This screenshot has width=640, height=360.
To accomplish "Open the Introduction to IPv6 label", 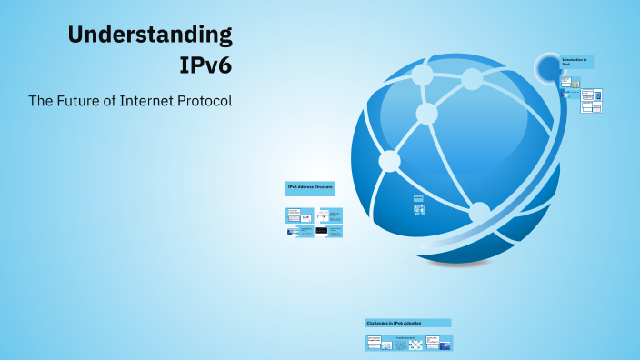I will pos(576,62).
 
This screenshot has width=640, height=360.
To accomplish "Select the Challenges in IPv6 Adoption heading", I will pos(407,323).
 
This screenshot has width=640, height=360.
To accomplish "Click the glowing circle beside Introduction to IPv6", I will pos(548,67).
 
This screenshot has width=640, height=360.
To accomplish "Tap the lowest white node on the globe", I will pos(479,214).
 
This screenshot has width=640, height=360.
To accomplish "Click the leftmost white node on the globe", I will pos(389,161).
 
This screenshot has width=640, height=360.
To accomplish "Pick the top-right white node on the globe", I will pos(471,79).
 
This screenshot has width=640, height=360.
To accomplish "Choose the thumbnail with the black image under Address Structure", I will pos(321,232).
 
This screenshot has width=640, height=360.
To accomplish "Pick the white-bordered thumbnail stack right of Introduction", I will pos(591,100).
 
